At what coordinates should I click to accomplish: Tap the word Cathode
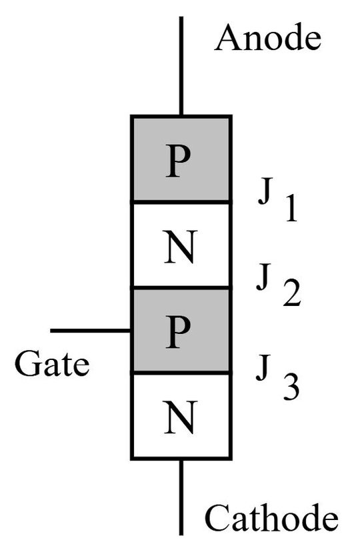(x=271, y=517)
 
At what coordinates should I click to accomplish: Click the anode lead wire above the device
(x=181, y=67)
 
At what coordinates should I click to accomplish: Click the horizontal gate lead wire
(x=91, y=330)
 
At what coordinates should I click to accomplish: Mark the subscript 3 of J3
(x=291, y=387)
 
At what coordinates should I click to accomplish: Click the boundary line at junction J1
(x=181, y=202)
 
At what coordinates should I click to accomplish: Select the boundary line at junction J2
(x=181, y=288)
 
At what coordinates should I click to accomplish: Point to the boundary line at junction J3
(x=181, y=373)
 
